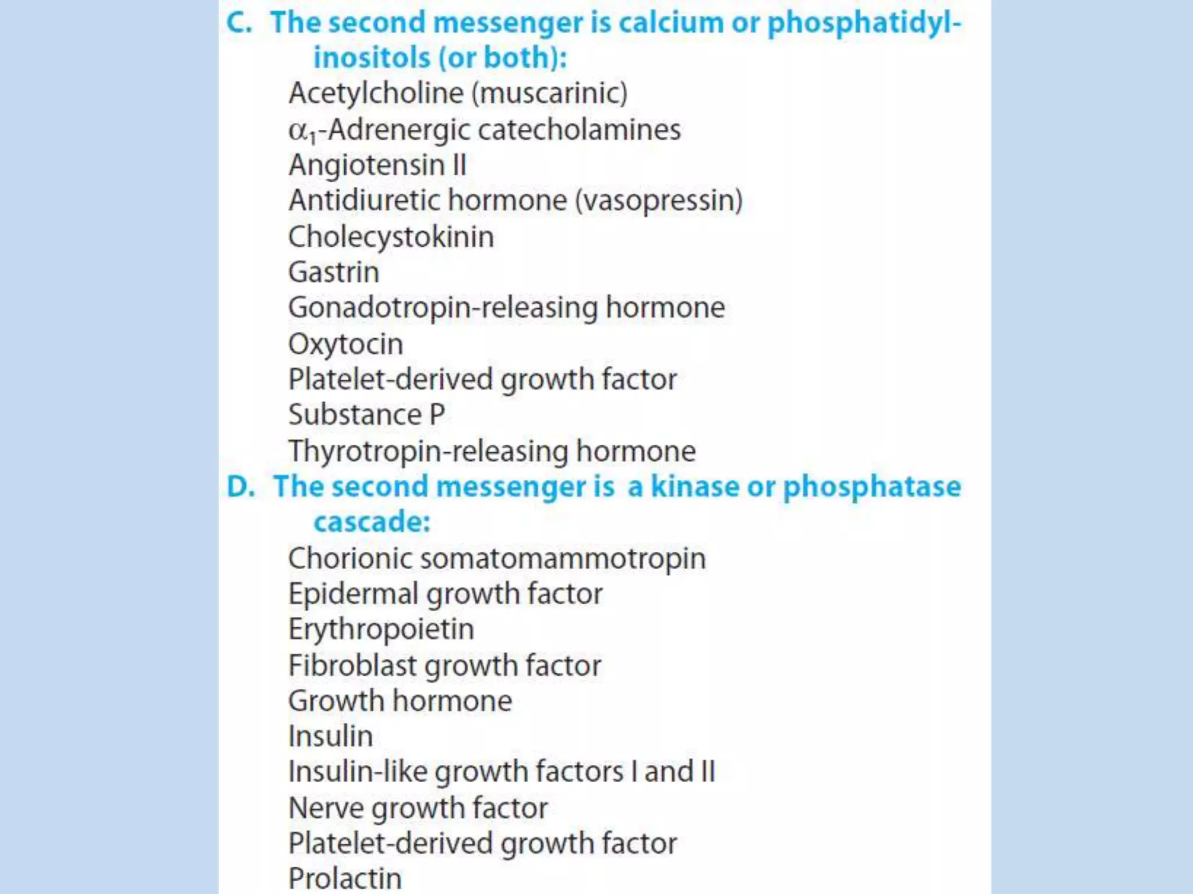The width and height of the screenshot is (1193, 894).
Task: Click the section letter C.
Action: tap(238, 23)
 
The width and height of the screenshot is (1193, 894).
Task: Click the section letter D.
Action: tap(240, 487)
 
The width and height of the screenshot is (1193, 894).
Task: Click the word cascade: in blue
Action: tap(372, 521)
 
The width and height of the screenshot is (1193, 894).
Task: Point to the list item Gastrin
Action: tap(334, 272)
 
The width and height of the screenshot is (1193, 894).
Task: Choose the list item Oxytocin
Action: tap(345, 344)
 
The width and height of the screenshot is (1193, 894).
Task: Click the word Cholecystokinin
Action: tap(391, 237)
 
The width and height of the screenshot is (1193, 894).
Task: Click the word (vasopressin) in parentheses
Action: tap(659, 201)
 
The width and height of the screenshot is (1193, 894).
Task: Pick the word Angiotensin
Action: tap(366, 165)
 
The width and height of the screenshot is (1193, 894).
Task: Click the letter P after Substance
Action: tap(437, 415)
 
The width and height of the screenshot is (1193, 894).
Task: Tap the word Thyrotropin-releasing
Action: tap(429, 451)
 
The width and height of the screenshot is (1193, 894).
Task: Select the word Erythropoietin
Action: tap(381, 629)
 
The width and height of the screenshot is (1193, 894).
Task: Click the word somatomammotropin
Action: tap(563, 558)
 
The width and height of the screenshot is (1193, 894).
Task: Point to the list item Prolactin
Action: tap(345, 878)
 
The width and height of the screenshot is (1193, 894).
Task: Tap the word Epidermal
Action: tap(354, 594)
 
